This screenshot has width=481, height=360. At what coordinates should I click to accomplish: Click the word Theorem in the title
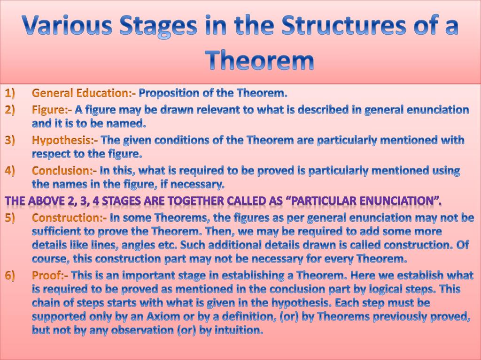click(259, 60)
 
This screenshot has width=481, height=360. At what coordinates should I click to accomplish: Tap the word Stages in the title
click(158, 26)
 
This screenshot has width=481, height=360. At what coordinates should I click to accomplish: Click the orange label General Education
click(82, 93)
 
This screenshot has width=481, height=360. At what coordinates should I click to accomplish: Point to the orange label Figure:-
click(52, 110)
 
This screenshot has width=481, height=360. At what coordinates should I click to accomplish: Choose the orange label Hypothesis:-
click(65, 141)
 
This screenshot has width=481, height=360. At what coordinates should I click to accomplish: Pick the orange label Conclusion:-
click(64, 171)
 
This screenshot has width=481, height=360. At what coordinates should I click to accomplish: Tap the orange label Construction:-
click(70, 217)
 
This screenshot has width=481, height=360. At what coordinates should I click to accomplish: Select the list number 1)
click(10, 93)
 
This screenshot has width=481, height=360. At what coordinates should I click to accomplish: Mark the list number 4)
click(10, 171)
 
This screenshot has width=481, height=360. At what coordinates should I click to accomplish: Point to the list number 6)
click(10, 276)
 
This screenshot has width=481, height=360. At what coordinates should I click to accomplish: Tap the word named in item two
click(129, 123)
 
